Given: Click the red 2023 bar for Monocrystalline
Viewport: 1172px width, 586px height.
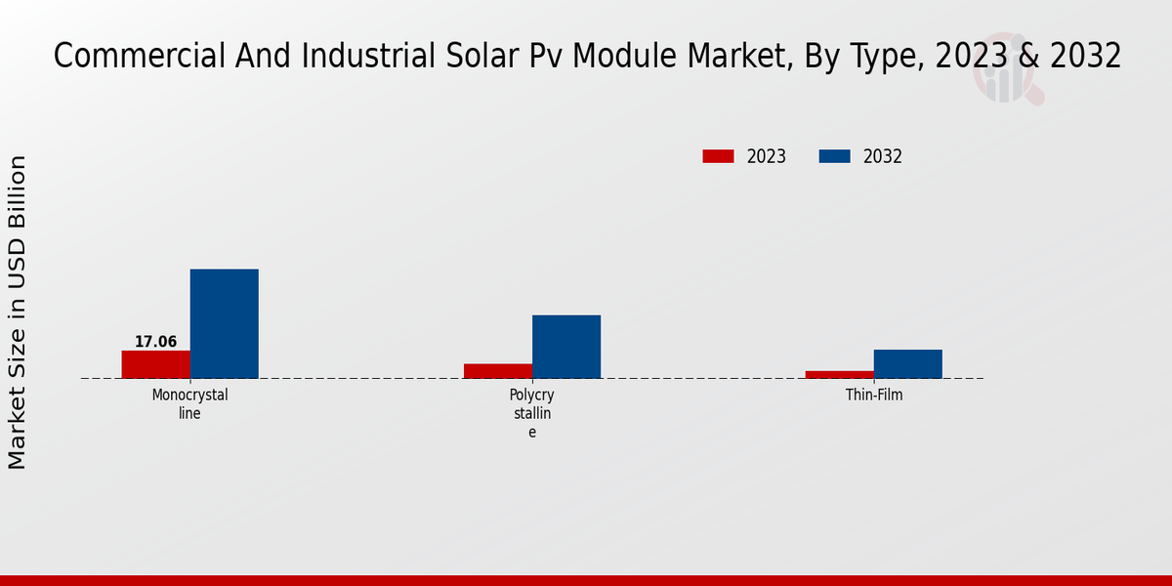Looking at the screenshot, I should [x=155, y=364].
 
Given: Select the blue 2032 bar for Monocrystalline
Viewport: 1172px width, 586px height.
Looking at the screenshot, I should [x=224, y=323].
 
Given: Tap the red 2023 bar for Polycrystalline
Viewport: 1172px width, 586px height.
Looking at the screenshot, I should [x=498, y=371].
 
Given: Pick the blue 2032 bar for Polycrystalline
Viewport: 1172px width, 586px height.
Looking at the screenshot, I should [x=566, y=347].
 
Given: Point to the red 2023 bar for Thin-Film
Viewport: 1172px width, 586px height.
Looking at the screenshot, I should [x=840, y=374].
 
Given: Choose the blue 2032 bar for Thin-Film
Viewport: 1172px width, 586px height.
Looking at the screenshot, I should [x=908, y=363].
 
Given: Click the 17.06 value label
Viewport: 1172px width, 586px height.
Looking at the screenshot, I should [x=155, y=342].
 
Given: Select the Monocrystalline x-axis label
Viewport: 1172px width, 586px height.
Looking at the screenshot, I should [x=189, y=404].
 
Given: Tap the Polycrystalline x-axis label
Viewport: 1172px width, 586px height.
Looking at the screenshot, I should [x=532, y=413].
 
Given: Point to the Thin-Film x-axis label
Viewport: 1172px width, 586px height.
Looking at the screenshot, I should [x=874, y=396].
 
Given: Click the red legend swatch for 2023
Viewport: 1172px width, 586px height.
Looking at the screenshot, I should [x=718, y=156].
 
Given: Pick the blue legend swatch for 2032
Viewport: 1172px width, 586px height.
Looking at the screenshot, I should [x=834, y=156].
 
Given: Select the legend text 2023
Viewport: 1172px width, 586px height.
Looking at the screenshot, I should [x=767, y=156].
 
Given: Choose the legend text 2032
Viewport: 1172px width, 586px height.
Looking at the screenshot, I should [x=883, y=156].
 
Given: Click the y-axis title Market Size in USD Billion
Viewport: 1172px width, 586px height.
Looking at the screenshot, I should [x=18, y=313].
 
